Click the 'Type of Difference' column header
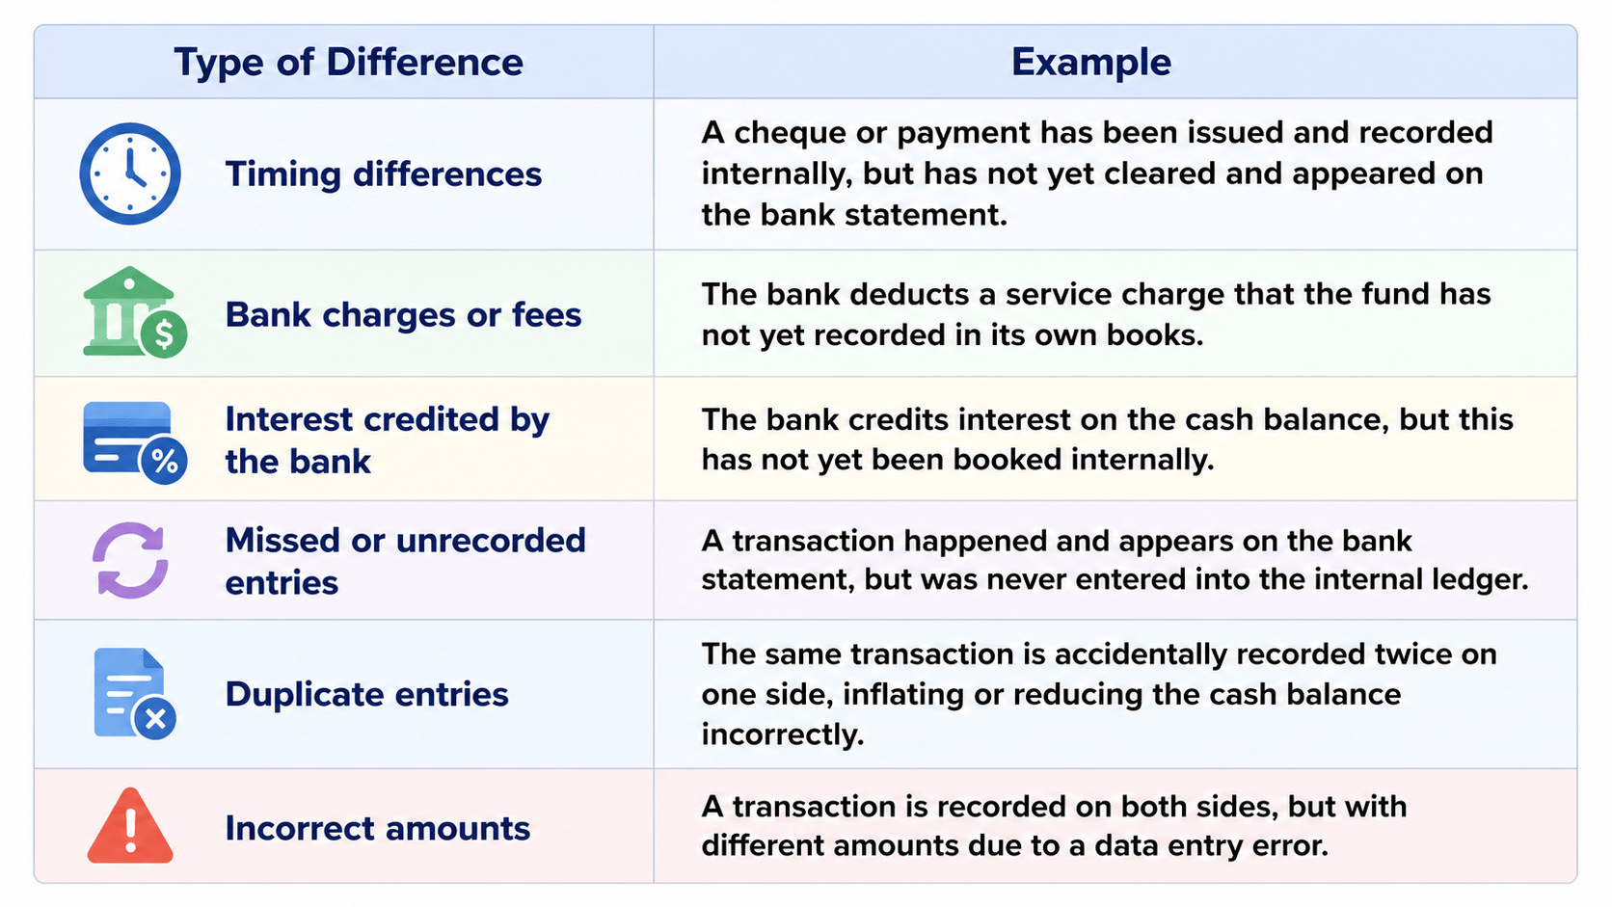tap(348, 63)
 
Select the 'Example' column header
tap(1091, 63)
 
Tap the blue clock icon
tap(130, 173)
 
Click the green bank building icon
tap(128, 309)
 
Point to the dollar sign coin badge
tap(164, 334)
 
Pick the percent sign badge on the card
tap(165, 461)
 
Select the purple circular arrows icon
tap(130, 560)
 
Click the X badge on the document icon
tap(155, 718)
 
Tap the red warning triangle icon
tap(130, 826)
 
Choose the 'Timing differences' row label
tap(384, 174)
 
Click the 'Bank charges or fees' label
tap(403, 315)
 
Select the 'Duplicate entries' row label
tap(367, 695)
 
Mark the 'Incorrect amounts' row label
tap(378, 829)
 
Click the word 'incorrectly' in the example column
tap(782, 735)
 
